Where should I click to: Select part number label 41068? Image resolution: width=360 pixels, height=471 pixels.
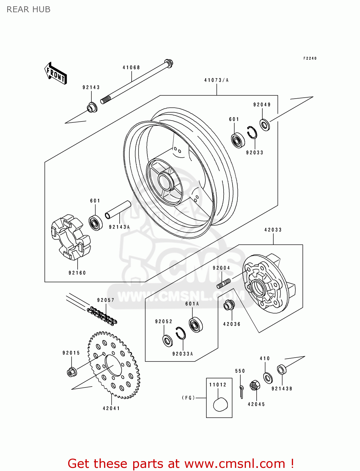coord(131,68)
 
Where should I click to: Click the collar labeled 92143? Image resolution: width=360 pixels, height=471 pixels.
coord(92,107)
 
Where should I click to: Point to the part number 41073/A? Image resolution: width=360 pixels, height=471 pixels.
coord(216,80)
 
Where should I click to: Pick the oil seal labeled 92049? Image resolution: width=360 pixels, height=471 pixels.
coord(265,125)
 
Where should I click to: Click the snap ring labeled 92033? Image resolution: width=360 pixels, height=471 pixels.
coord(252,132)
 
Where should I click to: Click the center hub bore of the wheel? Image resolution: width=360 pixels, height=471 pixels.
coord(165,182)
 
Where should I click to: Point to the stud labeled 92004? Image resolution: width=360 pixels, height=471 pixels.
coord(224,283)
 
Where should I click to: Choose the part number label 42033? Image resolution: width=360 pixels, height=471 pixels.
coord(273,230)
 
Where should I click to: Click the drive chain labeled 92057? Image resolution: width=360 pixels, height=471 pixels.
coord(102,316)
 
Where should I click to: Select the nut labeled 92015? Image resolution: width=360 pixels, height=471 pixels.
coord(72,372)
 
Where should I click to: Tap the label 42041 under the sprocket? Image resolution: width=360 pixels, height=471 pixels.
coord(111,409)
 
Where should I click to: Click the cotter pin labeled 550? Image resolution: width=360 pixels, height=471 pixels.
coord(241,391)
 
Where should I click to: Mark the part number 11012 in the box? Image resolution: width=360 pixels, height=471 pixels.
coord(218,385)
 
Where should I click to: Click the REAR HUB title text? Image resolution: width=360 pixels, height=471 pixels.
coord(29,9)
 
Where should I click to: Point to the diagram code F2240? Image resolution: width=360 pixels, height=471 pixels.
coord(310,58)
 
